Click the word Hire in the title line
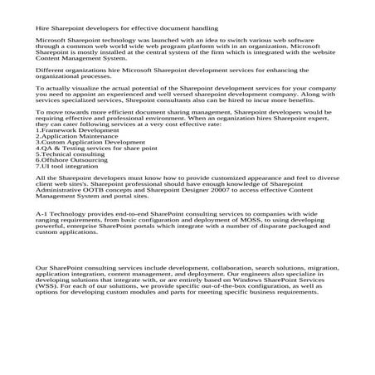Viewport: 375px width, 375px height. [x=41, y=27]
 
